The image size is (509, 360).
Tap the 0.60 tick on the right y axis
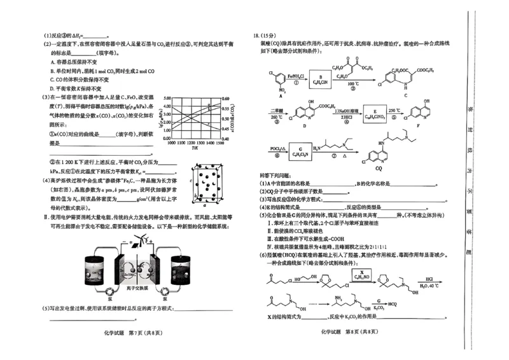(225, 99)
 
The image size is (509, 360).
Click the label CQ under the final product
(379, 168)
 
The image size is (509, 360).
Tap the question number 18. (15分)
(264, 35)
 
